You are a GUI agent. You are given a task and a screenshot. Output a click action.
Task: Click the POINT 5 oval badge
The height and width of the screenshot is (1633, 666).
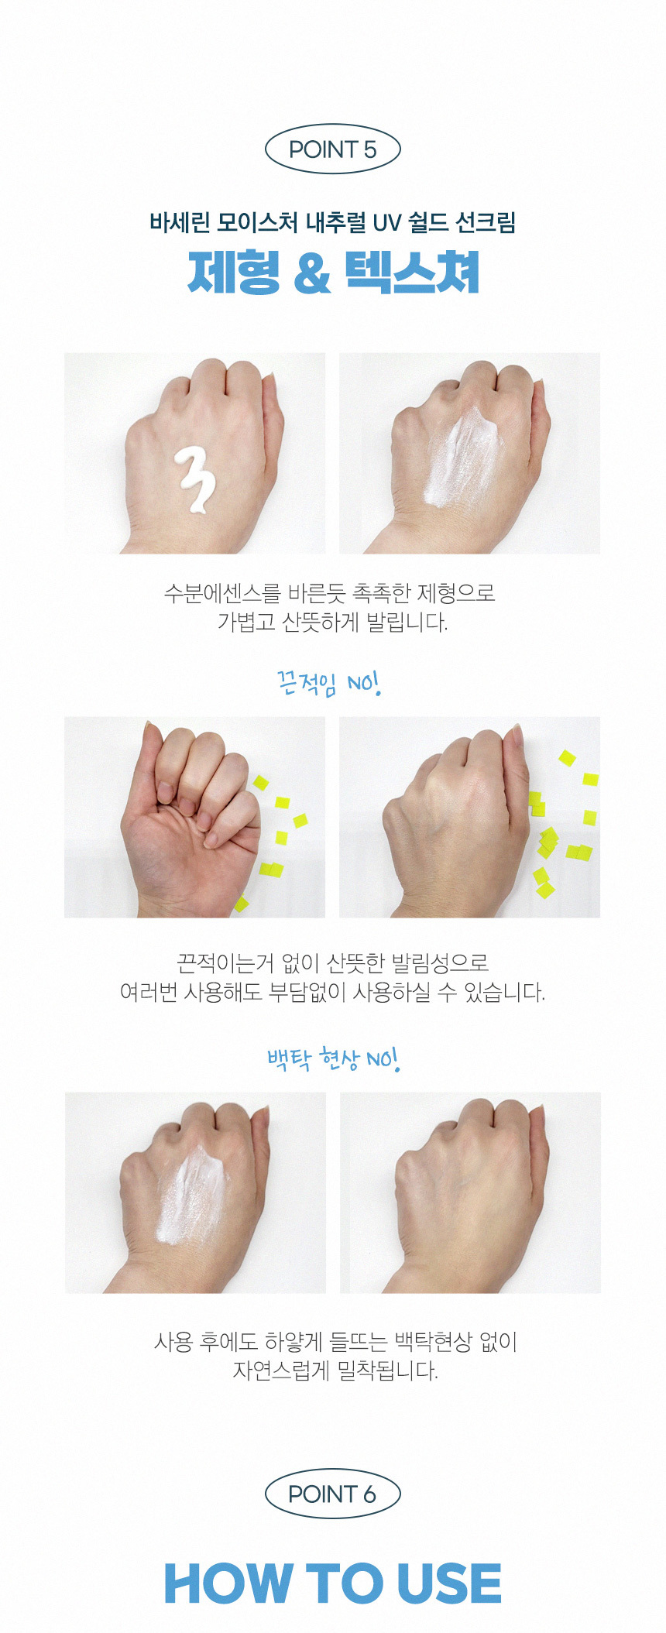click(x=332, y=149)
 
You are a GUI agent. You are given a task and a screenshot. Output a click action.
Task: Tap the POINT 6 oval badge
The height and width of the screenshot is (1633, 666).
click(x=332, y=1494)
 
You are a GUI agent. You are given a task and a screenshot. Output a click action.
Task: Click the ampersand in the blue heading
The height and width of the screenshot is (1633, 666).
click(x=312, y=273)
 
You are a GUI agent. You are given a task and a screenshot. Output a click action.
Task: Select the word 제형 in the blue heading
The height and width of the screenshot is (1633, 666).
click(x=233, y=273)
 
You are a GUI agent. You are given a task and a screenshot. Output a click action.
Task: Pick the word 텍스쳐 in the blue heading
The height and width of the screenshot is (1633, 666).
click(x=412, y=273)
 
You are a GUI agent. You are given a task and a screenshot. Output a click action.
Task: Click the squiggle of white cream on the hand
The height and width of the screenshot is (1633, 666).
click(x=195, y=480)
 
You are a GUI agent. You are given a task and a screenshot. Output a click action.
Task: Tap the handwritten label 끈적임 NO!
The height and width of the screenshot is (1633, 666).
click(x=329, y=683)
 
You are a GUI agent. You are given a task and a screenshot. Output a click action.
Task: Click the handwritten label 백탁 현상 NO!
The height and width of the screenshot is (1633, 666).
click(x=333, y=1058)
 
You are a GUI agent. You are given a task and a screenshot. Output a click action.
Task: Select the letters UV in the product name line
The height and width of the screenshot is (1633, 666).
click(x=386, y=223)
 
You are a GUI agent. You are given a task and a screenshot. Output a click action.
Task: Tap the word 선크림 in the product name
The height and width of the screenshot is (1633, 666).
click(x=486, y=223)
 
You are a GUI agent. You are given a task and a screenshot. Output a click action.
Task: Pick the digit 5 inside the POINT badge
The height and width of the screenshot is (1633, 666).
click(x=369, y=149)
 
